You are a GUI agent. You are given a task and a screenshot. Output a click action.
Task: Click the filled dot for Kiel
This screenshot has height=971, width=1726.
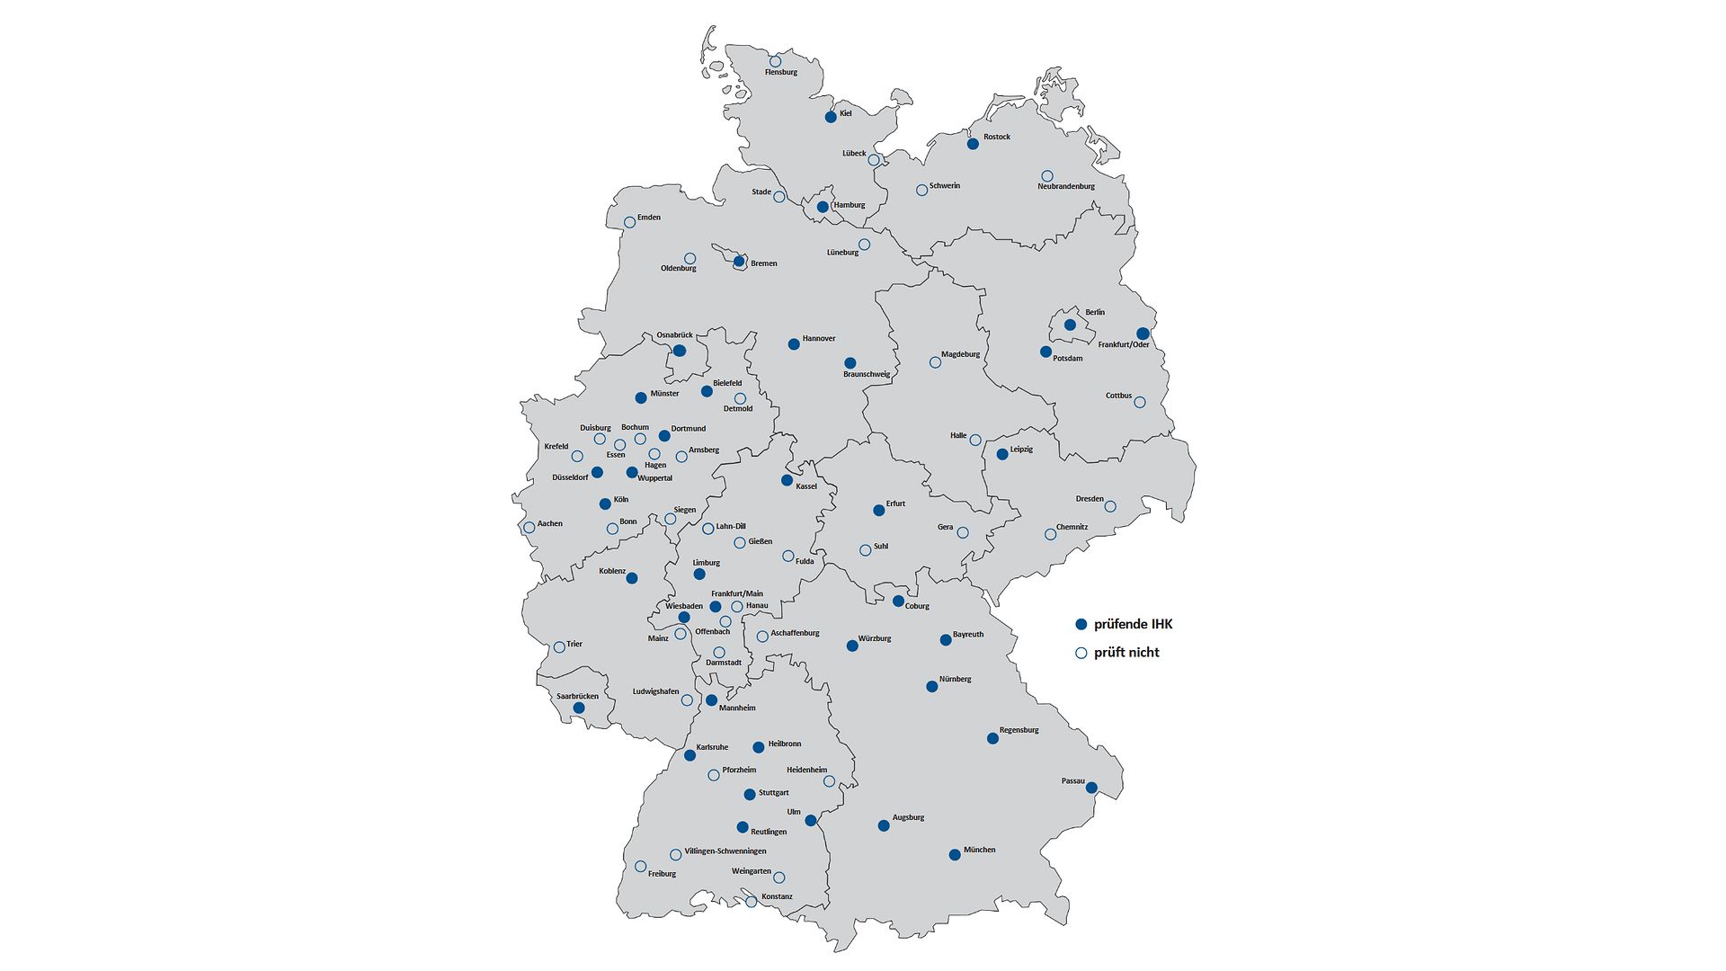point(831,117)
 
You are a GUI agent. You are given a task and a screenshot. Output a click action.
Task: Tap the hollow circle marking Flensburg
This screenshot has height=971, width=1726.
point(775,61)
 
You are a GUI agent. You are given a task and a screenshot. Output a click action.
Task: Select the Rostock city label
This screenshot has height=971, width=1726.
point(997,138)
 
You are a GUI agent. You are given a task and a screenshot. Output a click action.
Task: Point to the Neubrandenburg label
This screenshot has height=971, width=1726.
point(1066,187)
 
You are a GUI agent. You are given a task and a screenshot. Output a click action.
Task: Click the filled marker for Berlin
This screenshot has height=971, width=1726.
point(1070,325)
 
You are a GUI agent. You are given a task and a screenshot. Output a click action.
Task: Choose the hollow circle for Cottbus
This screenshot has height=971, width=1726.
point(1140,402)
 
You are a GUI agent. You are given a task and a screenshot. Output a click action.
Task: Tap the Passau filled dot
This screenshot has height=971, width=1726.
point(1091,788)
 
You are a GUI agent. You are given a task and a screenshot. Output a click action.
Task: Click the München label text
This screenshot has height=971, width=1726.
point(979,850)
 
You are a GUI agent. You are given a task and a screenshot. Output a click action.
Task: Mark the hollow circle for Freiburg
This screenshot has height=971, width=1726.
point(640,867)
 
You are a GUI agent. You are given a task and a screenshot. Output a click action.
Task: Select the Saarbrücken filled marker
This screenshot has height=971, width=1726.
point(579,708)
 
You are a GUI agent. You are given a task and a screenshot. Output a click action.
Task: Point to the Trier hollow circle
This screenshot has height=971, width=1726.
point(559,647)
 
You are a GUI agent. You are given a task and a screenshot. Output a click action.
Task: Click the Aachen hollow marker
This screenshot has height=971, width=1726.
point(529,528)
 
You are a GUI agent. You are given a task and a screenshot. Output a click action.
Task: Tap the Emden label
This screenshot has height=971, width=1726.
point(649,218)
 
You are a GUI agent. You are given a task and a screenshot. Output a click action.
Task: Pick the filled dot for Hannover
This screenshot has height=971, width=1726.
point(794,344)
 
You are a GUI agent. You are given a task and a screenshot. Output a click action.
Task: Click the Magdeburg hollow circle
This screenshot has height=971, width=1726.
point(935,362)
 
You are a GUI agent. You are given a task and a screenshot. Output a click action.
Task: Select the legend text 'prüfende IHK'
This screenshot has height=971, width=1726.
point(1133,624)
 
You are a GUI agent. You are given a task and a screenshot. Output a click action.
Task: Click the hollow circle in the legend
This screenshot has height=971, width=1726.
point(1081,654)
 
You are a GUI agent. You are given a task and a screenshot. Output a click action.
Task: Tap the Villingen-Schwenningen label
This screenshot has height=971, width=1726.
point(725,851)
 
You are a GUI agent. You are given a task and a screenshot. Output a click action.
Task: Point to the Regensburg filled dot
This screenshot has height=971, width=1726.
point(992,739)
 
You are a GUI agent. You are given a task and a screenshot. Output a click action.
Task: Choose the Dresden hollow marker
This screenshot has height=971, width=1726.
point(1110,507)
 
